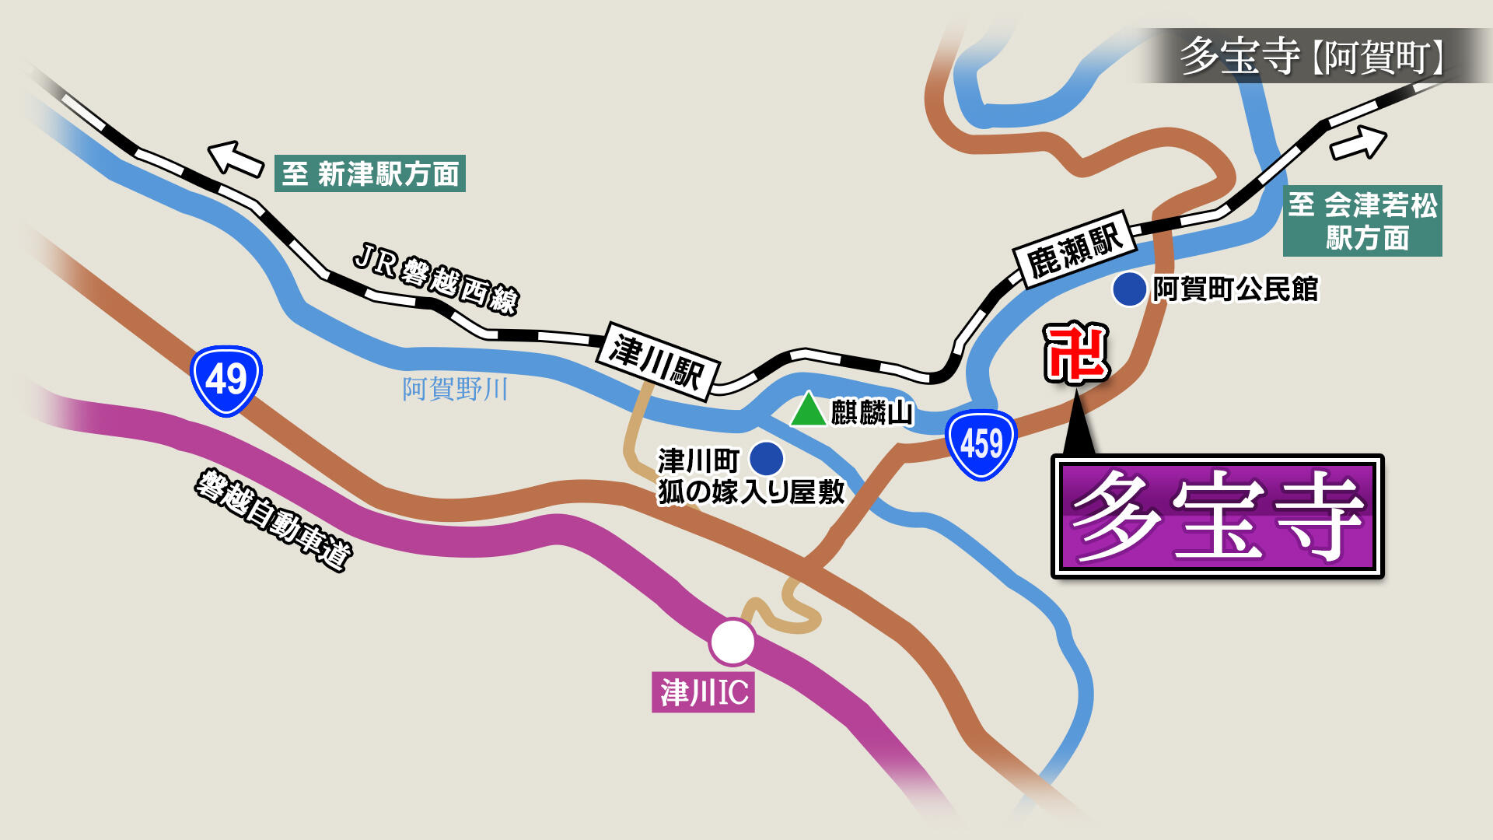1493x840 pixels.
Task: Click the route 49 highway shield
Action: pyautogui.click(x=226, y=380)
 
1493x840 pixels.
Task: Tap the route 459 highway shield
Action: pyautogui.click(x=981, y=444)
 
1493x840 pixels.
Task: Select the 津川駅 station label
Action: pyautogui.click(x=658, y=361)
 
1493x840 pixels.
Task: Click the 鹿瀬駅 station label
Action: pyautogui.click(x=1075, y=249)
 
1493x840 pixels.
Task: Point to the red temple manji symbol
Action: pyautogui.click(x=1075, y=354)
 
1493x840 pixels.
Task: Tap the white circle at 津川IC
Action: pyautogui.click(x=732, y=642)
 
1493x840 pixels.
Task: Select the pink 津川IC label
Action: pyautogui.click(x=703, y=692)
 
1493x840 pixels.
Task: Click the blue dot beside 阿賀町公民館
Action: pyautogui.click(x=1129, y=289)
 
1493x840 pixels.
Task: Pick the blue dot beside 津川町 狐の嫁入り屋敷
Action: pyautogui.click(x=766, y=459)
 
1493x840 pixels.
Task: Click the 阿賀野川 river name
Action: pyautogui.click(x=455, y=388)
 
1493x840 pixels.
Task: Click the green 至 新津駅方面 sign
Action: pyautogui.click(x=370, y=173)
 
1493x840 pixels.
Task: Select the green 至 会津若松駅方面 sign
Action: pyautogui.click(x=1362, y=221)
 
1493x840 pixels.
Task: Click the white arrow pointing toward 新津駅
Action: pyautogui.click(x=236, y=158)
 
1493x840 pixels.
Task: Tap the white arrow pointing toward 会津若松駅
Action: pyautogui.click(x=1358, y=143)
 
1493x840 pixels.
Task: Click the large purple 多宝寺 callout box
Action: pyautogui.click(x=1218, y=516)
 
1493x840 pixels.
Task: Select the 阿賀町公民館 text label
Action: pyautogui.click(x=1235, y=289)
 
